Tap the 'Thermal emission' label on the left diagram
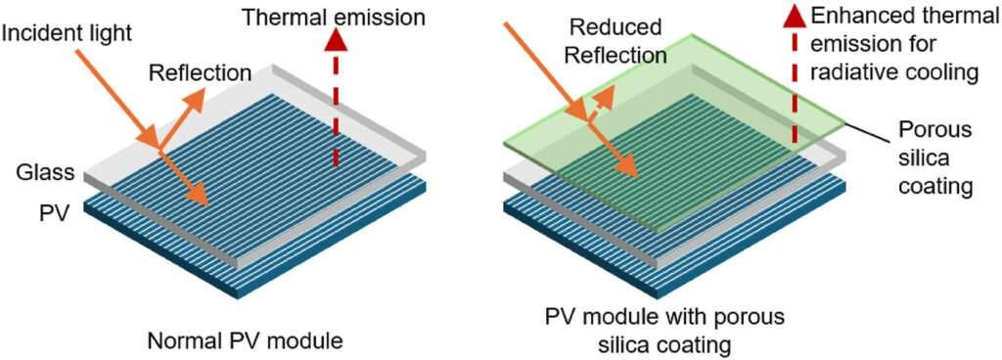[x=333, y=18]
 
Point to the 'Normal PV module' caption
[x=245, y=340]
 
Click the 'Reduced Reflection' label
[x=616, y=41]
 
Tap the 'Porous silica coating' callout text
[x=935, y=158]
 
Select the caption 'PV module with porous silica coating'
[x=664, y=332]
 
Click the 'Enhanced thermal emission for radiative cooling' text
[x=894, y=45]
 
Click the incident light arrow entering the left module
[x=117, y=97]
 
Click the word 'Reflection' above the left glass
[x=200, y=72]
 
